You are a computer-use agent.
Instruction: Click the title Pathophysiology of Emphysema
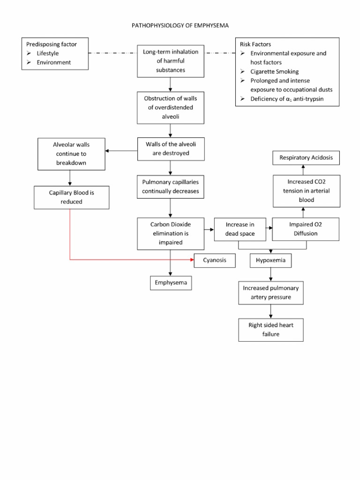pyautogui.click(x=180, y=25)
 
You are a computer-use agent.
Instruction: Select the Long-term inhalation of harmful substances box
pyautogui.click(x=170, y=61)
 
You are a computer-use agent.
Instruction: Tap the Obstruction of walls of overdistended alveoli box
pyautogui.click(x=170, y=108)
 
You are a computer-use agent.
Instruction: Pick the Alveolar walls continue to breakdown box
pyautogui.click(x=70, y=153)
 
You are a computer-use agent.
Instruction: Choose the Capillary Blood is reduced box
pyautogui.click(x=72, y=197)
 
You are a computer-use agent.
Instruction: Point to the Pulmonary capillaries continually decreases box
pyautogui.click(x=170, y=186)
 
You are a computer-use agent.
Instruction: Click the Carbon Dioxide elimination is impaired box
pyautogui.click(x=170, y=233)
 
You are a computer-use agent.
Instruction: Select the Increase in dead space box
pyautogui.click(x=239, y=228)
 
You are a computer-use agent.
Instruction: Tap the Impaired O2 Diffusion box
pyautogui.click(x=306, y=229)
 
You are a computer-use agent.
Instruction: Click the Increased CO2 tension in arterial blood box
pyautogui.click(x=305, y=191)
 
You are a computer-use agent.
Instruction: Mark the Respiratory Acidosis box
pyautogui.click(x=306, y=158)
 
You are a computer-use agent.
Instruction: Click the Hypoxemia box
pyautogui.click(x=271, y=260)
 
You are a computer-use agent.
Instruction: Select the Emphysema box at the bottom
pyautogui.click(x=171, y=283)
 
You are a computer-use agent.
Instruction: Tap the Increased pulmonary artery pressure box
pyautogui.click(x=270, y=292)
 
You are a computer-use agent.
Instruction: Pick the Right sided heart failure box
pyautogui.click(x=270, y=330)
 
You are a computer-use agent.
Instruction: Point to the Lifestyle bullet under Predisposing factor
pyautogui.click(x=47, y=53)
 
